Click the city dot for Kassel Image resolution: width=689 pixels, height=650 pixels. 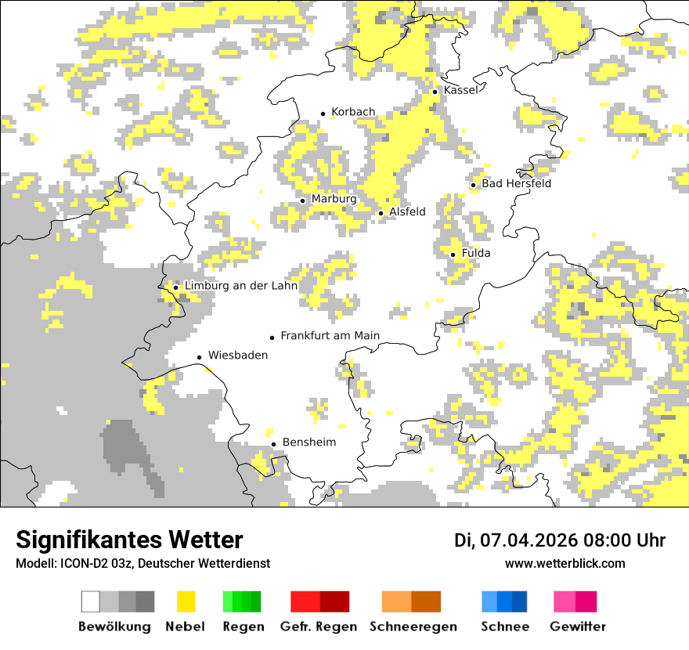435,92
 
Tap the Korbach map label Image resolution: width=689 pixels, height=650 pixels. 353,112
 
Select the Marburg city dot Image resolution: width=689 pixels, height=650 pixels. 302,200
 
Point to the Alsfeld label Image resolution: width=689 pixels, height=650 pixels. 407,211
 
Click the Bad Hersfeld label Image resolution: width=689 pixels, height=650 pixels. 516,183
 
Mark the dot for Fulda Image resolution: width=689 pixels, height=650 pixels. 453,255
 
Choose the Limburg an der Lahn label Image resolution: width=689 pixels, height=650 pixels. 240,286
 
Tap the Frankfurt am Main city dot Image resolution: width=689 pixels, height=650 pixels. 272,338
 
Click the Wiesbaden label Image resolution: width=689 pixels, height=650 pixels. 237,356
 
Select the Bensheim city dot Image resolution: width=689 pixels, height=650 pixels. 273,444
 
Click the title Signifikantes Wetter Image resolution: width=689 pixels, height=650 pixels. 129,540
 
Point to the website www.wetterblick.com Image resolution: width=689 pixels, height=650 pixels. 565,563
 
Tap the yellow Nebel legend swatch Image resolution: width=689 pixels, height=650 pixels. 186,601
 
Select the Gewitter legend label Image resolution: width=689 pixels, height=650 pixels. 578,627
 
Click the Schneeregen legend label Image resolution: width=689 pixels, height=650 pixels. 413,627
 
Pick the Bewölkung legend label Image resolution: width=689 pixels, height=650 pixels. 114,627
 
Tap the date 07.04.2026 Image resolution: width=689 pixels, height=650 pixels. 528,540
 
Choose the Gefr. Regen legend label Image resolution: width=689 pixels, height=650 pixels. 319,627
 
